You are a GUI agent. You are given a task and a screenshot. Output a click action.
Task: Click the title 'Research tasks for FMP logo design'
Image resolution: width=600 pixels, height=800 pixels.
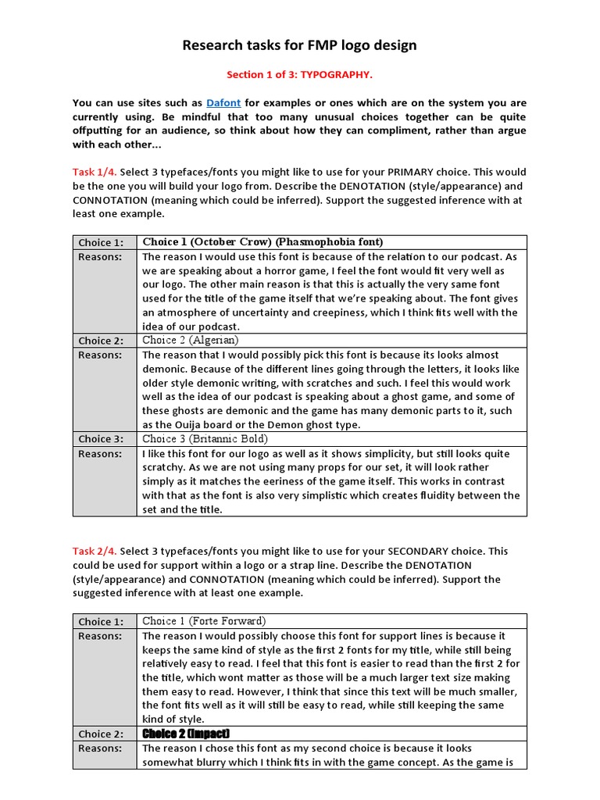(x=299, y=45)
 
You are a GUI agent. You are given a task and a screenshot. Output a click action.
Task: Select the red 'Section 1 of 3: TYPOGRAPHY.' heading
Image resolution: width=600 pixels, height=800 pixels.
(x=299, y=75)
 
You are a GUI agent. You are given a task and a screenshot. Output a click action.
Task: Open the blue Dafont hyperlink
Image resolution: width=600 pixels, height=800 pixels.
(x=224, y=103)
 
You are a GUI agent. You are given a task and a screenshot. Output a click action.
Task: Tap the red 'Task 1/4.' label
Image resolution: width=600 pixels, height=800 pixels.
(x=95, y=172)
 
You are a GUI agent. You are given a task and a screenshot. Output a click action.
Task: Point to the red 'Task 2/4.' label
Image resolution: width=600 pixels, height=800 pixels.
(x=95, y=552)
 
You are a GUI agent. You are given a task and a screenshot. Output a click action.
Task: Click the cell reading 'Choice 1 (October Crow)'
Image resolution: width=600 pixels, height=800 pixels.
(x=262, y=242)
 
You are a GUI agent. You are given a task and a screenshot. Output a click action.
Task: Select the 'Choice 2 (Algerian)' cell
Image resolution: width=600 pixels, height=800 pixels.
(x=191, y=341)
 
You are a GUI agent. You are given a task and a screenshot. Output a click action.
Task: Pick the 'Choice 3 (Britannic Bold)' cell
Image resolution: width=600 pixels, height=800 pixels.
(x=205, y=439)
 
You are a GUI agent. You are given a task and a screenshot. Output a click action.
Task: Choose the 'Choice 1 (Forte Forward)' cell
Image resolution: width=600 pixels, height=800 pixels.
(x=204, y=622)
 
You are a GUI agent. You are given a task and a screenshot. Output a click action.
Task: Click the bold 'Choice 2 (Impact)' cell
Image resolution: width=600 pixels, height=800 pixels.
(x=185, y=734)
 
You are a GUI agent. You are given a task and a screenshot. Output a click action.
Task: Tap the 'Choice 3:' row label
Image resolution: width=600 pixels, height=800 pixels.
(x=100, y=439)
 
